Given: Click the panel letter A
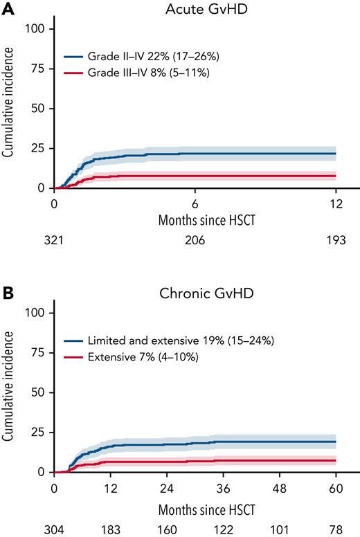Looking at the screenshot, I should tap(7, 9).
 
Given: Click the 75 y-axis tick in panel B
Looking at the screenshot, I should tap(38, 352).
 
